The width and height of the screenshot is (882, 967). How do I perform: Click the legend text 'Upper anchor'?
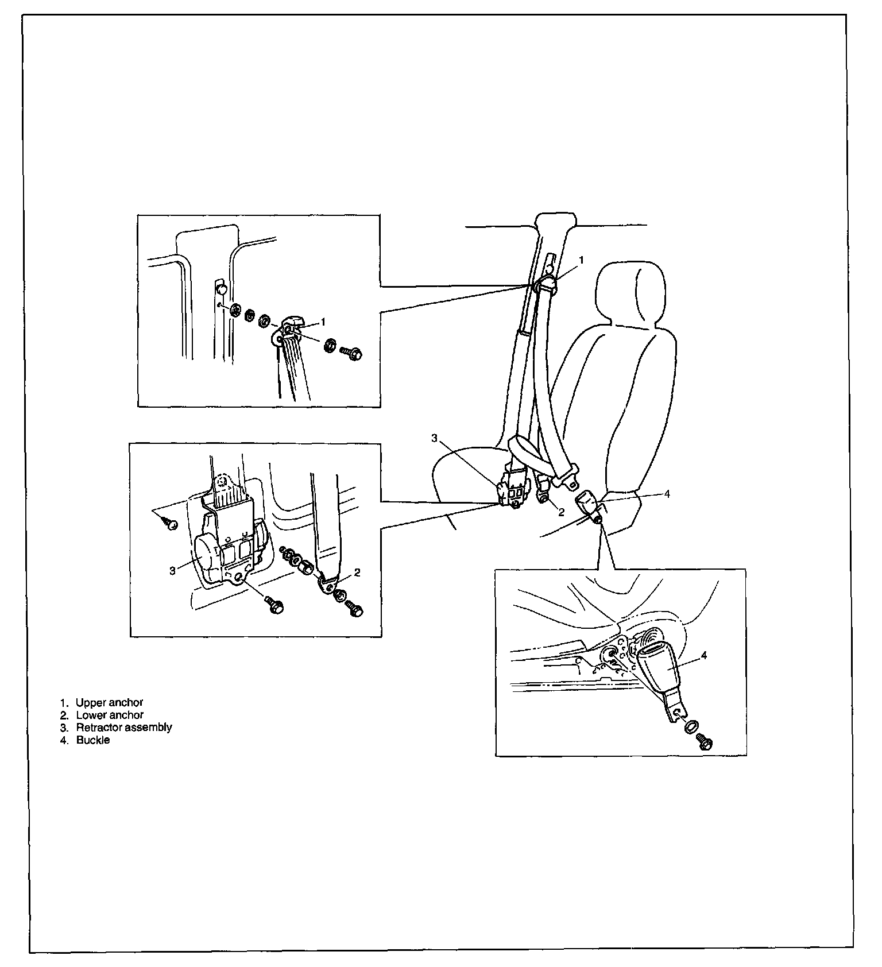point(109,702)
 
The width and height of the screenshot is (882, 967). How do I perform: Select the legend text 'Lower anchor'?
point(110,715)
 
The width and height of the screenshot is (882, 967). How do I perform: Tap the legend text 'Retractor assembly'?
point(123,727)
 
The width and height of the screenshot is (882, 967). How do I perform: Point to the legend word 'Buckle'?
point(93,740)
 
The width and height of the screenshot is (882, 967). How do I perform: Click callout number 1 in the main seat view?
point(581,260)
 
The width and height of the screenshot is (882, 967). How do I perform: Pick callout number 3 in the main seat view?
point(435,438)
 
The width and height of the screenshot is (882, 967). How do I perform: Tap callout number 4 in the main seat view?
point(667,493)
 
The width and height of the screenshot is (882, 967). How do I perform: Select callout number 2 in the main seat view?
point(561,512)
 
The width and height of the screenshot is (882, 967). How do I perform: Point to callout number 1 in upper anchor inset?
point(323,322)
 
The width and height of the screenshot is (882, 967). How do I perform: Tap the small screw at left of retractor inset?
point(170,523)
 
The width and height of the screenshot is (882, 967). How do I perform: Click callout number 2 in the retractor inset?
point(357,572)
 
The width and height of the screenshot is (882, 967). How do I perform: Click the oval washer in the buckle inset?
point(691,726)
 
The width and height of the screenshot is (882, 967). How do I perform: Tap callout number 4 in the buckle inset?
point(704,655)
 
